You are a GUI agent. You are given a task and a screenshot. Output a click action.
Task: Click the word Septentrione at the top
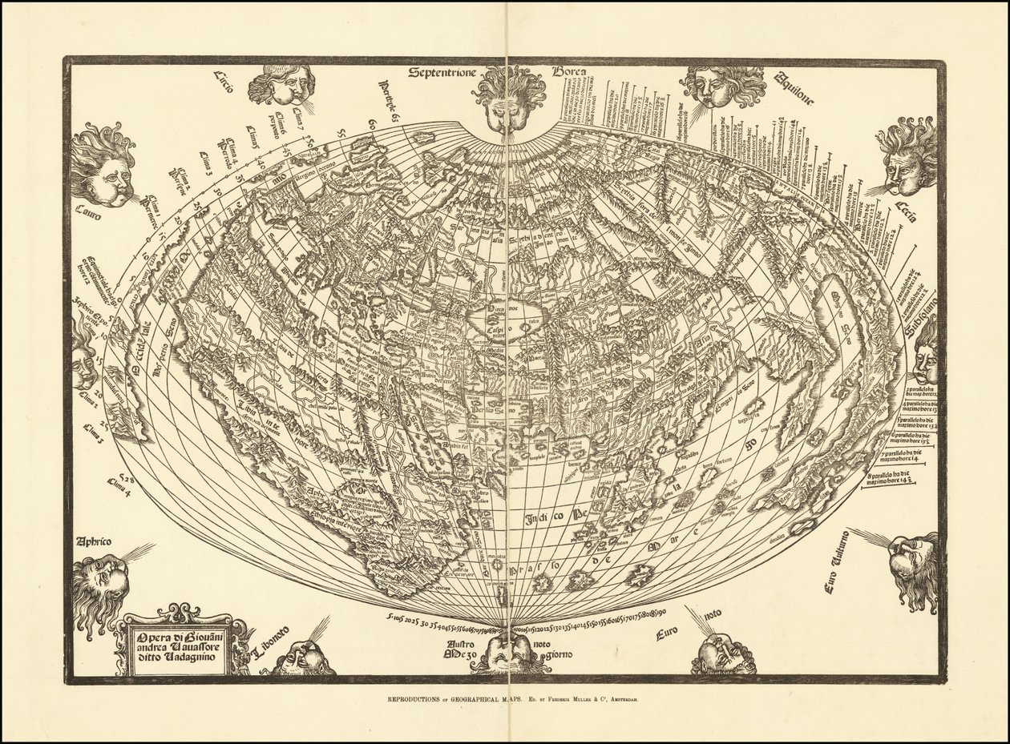coord(440,73)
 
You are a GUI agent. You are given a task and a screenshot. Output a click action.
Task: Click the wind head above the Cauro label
coord(103,166)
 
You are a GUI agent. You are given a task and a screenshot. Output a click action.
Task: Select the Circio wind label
coord(223,82)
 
